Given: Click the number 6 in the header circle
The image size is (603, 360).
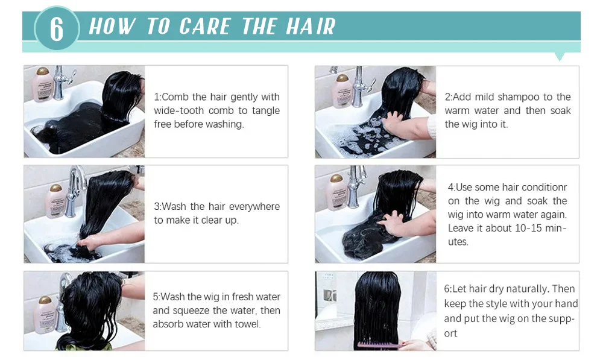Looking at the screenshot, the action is click(57, 28).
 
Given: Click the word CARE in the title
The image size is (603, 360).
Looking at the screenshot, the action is click(204, 26).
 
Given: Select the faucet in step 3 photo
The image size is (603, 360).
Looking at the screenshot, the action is click(75, 191).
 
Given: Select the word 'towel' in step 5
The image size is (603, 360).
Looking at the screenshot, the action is click(248, 324).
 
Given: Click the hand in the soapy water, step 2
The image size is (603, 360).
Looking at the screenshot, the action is click(400, 123).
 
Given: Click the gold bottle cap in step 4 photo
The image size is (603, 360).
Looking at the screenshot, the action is click(336, 178).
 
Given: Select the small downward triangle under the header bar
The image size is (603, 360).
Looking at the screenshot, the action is click(560, 57).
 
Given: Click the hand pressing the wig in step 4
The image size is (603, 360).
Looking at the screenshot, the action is click(393, 223).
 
